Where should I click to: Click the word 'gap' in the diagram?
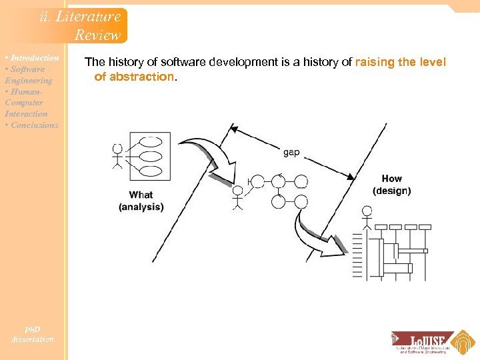point(291,152)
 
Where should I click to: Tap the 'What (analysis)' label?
point(141,201)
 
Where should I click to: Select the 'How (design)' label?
point(392,185)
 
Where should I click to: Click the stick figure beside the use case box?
point(118,156)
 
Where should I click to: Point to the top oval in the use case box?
point(151,141)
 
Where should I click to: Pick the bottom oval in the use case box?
point(151,171)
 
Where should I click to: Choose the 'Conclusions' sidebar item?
point(34,125)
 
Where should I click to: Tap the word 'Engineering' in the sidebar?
point(28,81)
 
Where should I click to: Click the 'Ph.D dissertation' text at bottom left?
point(32,334)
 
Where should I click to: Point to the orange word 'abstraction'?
point(134,77)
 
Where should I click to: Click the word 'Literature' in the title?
point(89,17)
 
